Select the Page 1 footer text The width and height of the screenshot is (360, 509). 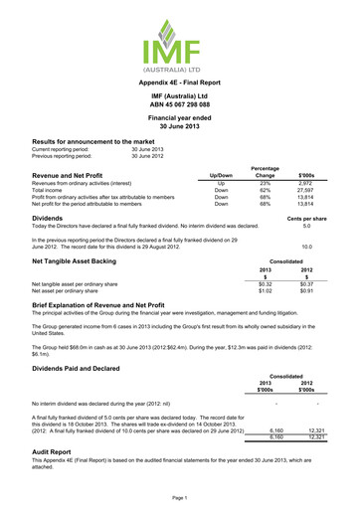point(180,494)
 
